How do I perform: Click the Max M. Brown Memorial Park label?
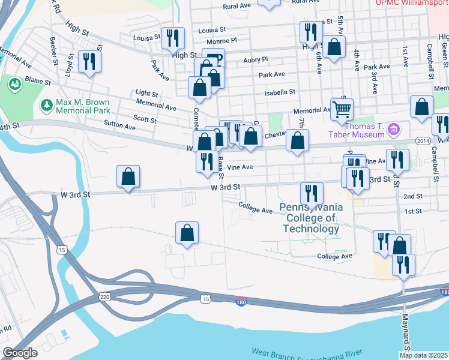pos(83,106)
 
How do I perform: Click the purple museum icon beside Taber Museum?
pos(394,128)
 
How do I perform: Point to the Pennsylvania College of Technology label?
pos(312,217)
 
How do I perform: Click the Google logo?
pos(20,353)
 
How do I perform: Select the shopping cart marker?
pos(342,109)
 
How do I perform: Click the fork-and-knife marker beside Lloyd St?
pos(90,62)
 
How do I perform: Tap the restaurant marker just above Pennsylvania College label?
pos(310,193)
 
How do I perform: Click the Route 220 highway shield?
pos(104,297)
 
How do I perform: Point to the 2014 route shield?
pos(423,140)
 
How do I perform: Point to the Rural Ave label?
pos(237,6)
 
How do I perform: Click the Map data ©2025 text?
pos(423,355)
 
